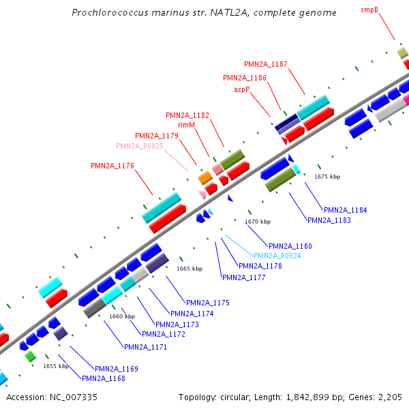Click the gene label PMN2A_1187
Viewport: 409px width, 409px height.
266,64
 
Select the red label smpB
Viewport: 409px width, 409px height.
369,10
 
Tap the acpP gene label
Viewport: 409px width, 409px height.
243,89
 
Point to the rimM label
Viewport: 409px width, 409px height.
187,125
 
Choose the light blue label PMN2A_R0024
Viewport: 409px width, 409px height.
277,256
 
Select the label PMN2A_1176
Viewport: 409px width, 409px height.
112,166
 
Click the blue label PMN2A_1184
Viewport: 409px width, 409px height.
345,210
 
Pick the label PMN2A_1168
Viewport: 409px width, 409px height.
103,378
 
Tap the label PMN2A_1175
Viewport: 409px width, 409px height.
208,303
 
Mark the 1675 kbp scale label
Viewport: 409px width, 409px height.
327,177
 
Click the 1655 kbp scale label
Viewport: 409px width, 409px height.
56,366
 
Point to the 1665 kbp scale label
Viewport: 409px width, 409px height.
190,269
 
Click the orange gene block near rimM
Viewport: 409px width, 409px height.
204,178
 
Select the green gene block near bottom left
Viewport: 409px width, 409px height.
30,356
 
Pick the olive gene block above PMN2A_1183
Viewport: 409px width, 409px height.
280,179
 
